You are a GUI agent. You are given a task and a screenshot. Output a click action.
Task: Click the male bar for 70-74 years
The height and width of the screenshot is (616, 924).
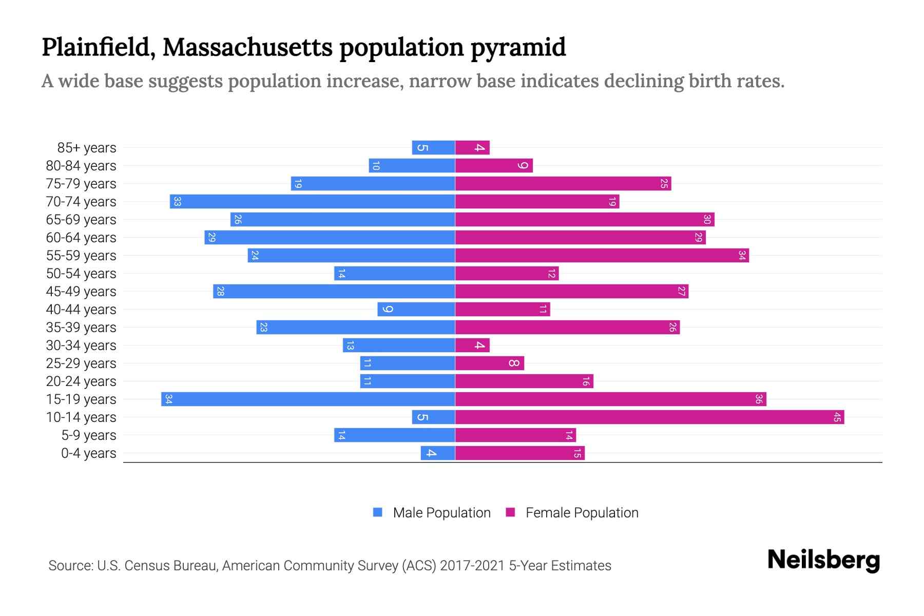[x=312, y=202]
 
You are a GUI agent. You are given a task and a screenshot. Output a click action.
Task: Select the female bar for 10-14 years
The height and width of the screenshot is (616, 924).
[x=649, y=417]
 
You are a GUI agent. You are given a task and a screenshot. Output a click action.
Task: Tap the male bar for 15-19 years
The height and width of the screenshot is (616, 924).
[x=308, y=399]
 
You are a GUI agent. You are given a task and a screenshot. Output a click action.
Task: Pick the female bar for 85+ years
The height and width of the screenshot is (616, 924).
[x=472, y=148]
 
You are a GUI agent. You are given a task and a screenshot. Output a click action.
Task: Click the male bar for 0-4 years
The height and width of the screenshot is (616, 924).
[x=438, y=453]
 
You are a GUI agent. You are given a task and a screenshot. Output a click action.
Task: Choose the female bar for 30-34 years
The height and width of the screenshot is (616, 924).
[x=472, y=345]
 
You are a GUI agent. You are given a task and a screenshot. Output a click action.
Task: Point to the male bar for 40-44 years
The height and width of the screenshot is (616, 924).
[x=416, y=310]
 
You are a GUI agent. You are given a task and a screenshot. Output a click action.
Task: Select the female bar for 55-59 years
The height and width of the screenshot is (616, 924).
[x=602, y=256]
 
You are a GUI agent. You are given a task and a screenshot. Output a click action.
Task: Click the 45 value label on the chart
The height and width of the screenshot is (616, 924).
[x=837, y=417]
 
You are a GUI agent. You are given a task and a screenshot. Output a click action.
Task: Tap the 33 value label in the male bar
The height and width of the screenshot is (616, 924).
[x=177, y=202]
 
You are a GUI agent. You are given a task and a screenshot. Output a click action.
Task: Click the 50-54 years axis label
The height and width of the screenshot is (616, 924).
[x=81, y=274]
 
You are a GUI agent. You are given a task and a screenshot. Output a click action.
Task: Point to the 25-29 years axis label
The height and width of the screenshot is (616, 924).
[x=81, y=363]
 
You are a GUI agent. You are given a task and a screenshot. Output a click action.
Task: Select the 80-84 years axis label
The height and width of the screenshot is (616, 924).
[x=81, y=166]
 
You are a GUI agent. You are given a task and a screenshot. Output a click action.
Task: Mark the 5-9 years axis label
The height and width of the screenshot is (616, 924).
[x=89, y=435]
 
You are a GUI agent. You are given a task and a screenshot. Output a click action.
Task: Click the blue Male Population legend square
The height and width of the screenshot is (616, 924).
[x=378, y=512]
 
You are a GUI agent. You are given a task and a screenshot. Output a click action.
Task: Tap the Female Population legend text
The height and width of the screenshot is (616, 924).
[x=582, y=513]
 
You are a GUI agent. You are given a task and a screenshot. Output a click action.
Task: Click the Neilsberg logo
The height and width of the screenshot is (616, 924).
[x=823, y=560]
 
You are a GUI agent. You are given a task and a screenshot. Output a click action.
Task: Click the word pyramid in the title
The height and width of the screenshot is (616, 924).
[x=518, y=47]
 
